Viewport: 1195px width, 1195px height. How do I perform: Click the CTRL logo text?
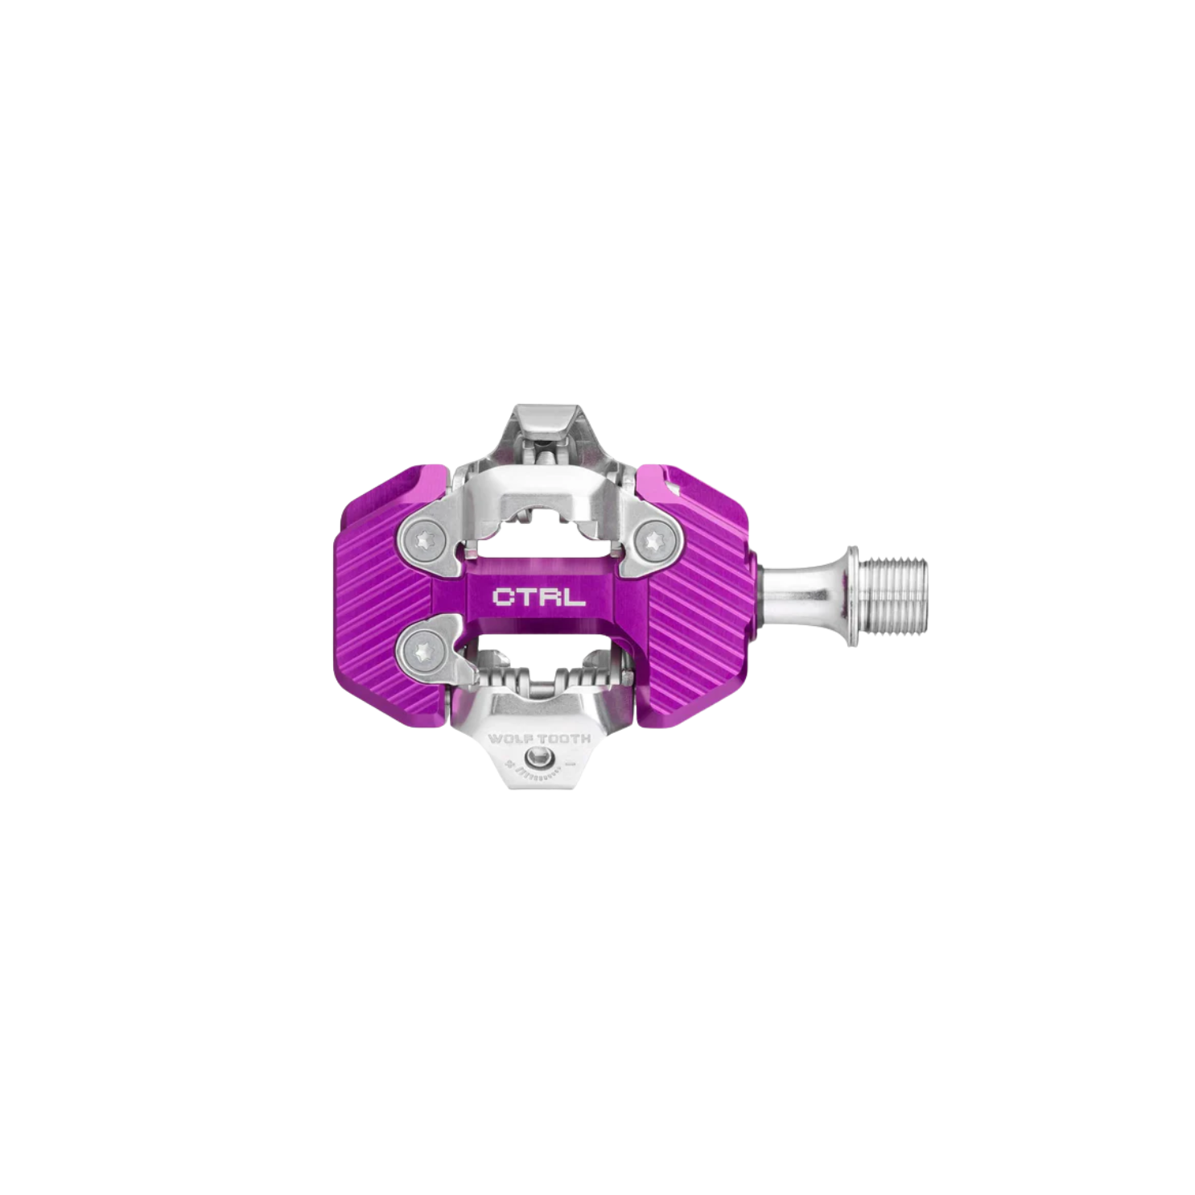[538, 598]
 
